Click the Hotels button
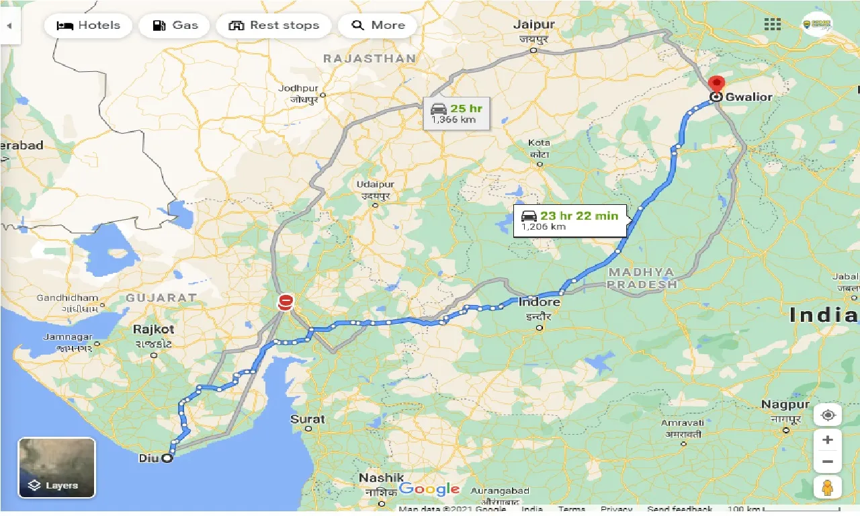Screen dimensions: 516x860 89,26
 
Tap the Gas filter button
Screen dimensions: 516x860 175,26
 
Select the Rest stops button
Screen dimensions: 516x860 273,26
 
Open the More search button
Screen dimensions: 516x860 378,26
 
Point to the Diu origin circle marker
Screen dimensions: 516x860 167,459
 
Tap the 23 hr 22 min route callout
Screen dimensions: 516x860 570,220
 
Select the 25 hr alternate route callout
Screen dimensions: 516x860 457,113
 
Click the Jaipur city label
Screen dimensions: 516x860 534,25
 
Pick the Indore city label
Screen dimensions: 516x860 539,302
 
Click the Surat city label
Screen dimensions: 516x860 307,419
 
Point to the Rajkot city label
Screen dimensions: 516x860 153,329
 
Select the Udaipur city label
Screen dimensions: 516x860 374,184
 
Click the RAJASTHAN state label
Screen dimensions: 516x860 370,59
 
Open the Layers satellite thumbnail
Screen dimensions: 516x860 56,468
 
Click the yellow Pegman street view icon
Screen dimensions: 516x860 827,487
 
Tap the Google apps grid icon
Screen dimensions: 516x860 773,25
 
